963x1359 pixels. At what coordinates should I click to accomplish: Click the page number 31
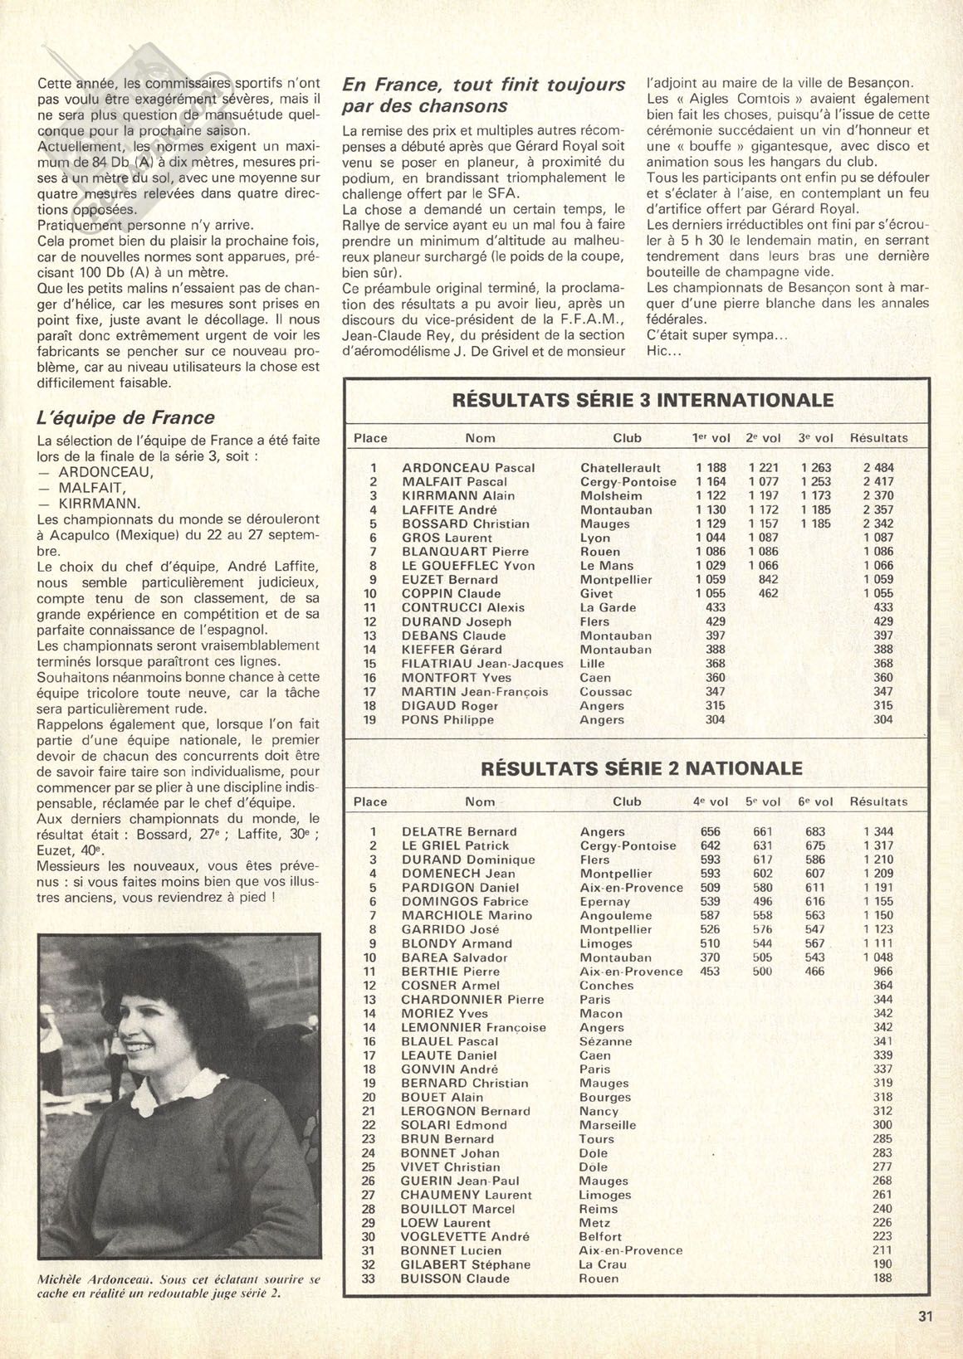pos(926,1314)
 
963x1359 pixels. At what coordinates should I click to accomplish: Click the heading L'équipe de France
pos(126,417)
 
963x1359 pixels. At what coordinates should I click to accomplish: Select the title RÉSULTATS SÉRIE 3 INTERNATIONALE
pos(642,401)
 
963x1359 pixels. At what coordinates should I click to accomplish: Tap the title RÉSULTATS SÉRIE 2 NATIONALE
pos(642,768)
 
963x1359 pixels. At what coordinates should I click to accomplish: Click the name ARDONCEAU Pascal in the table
pos(467,468)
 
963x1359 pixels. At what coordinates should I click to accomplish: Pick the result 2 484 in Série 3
pos(878,468)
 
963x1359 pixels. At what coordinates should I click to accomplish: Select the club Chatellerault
pos(620,468)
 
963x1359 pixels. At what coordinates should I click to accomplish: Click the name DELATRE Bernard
pos(459,831)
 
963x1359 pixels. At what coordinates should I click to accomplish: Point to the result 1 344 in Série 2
pos(878,831)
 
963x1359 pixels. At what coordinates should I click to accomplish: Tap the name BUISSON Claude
pos(455,1279)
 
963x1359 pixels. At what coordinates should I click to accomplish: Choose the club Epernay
pos(605,901)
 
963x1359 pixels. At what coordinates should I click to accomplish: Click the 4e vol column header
pos(710,801)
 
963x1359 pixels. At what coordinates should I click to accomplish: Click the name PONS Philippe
pos(447,719)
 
